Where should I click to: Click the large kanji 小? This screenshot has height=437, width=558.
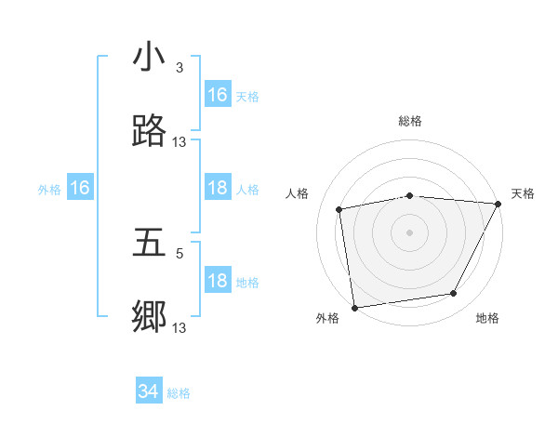click(x=150, y=59)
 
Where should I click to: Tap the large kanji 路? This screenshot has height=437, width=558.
click(x=150, y=131)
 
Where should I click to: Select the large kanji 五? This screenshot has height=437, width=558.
click(x=150, y=244)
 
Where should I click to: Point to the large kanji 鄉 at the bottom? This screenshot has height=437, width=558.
click(x=150, y=317)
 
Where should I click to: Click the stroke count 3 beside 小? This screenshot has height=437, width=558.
click(x=179, y=68)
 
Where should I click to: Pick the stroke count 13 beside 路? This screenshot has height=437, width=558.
click(x=179, y=141)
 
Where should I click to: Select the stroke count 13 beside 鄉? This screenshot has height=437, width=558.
click(x=179, y=327)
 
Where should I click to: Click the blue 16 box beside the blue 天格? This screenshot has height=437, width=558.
click(x=217, y=95)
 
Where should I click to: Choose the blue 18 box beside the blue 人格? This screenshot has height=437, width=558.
click(x=217, y=189)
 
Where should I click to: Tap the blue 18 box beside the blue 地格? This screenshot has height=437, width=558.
click(x=217, y=282)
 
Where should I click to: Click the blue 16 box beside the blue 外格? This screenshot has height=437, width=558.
click(x=80, y=189)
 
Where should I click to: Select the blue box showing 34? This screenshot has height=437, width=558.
click(x=149, y=392)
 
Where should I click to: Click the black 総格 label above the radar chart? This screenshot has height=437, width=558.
click(x=410, y=121)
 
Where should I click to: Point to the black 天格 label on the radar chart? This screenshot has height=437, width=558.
click(x=524, y=193)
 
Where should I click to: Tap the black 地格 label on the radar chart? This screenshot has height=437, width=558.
click(x=487, y=318)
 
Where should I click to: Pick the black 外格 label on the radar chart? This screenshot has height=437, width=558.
click(x=327, y=318)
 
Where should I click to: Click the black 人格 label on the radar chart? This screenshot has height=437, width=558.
click(x=297, y=193)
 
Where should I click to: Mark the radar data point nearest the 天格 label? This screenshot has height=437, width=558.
click(x=498, y=204)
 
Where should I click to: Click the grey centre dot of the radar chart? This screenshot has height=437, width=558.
click(x=410, y=232)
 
